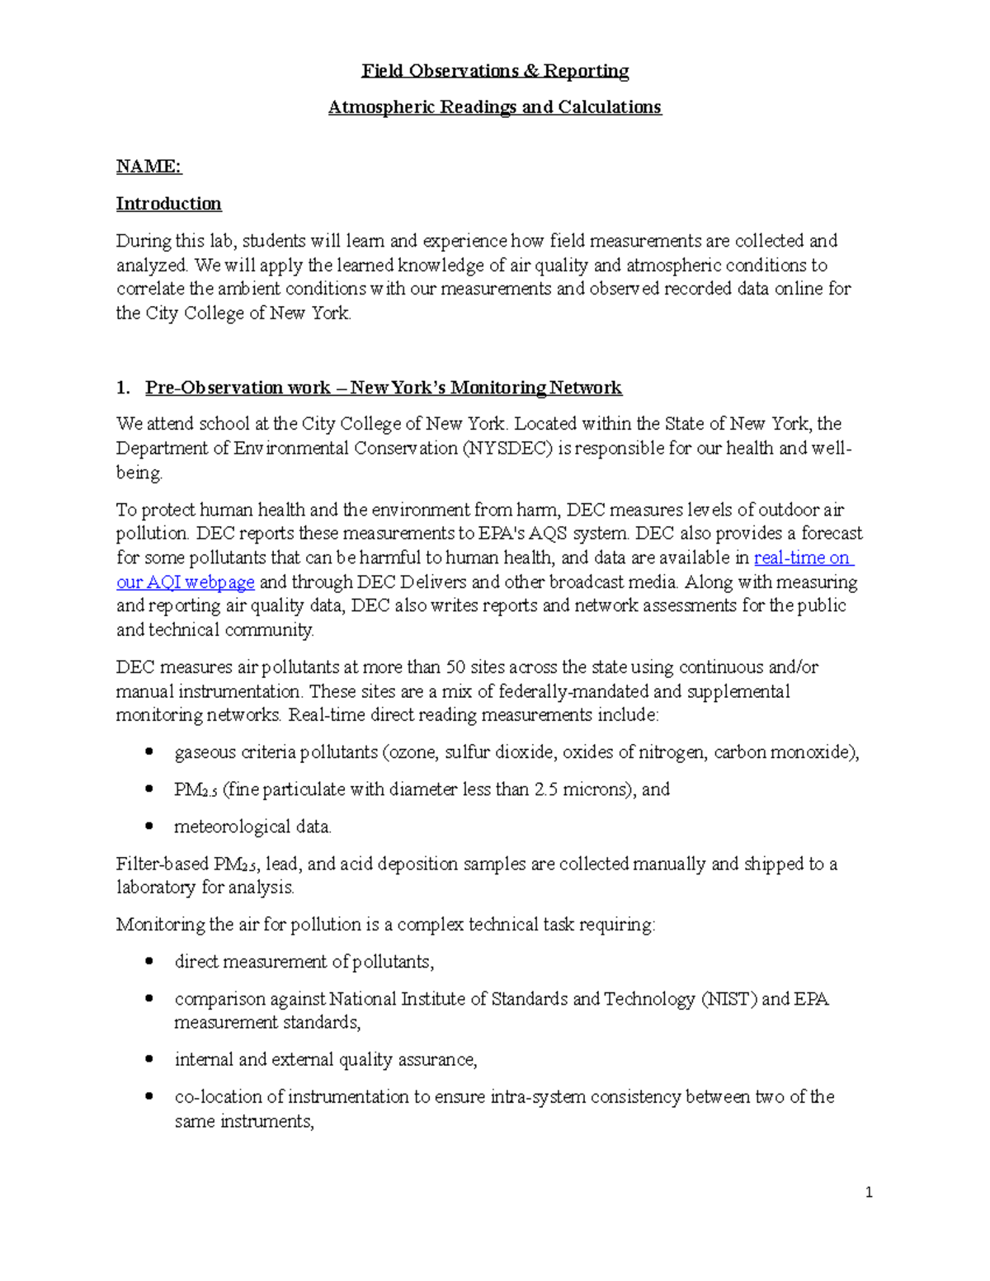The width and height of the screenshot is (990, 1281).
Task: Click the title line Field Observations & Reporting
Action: coord(495,71)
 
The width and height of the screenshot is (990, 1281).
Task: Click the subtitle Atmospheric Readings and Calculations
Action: coord(495,107)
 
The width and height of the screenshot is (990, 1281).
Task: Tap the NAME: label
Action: coord(148,167)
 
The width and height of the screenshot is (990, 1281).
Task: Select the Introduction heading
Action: coord(168,204)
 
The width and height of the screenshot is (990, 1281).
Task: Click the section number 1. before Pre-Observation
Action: coord(123,388)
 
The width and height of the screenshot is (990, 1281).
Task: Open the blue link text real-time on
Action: coord(803,558)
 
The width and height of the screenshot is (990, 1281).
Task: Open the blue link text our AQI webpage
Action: coord(185,582)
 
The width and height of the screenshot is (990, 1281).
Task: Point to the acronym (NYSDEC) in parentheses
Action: coord(507,449)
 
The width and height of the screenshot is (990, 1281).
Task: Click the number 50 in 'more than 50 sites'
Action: coord(455,667)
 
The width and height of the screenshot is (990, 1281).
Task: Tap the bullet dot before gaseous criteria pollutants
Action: coord(148,751)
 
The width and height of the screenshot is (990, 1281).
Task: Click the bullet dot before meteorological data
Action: coord(148,826)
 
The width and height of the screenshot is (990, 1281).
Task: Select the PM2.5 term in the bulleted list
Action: coord(195,790)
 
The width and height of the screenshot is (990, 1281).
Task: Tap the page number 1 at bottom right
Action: coord(869,1192)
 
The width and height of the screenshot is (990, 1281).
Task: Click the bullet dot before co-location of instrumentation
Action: coord(148,1096)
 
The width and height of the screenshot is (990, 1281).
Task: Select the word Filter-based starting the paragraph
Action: coord(163,864)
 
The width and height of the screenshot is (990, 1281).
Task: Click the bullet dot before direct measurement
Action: coord(148,961)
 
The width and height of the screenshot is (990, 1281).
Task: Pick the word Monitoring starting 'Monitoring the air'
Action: coord(160,925)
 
